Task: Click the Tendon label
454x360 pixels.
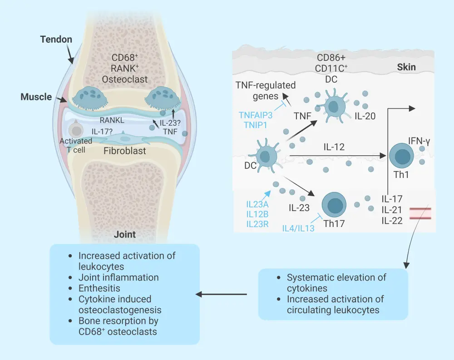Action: point(56,39)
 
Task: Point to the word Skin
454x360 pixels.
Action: point(406,67)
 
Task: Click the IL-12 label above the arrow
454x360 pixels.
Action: point(334,147)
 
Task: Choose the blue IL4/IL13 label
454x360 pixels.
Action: point(298,228)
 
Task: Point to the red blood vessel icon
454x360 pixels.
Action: point(419,213)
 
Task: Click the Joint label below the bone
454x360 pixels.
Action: point(124,235)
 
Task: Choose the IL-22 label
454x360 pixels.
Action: point(392,221)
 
